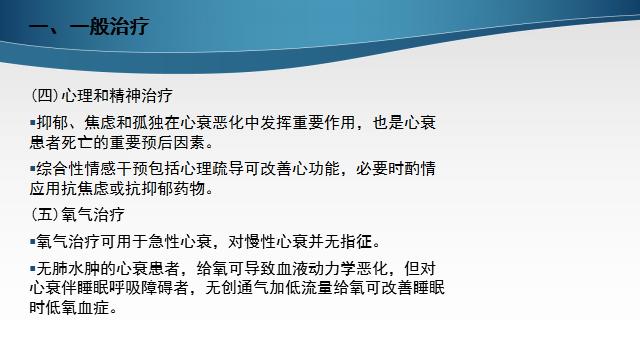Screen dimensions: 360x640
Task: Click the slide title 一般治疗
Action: coord(98,26)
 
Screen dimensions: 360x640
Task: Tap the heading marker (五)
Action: coord(45,214)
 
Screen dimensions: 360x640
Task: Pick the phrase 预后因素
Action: coord(185,141)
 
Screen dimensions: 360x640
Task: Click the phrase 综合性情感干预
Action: coord(94,168)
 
